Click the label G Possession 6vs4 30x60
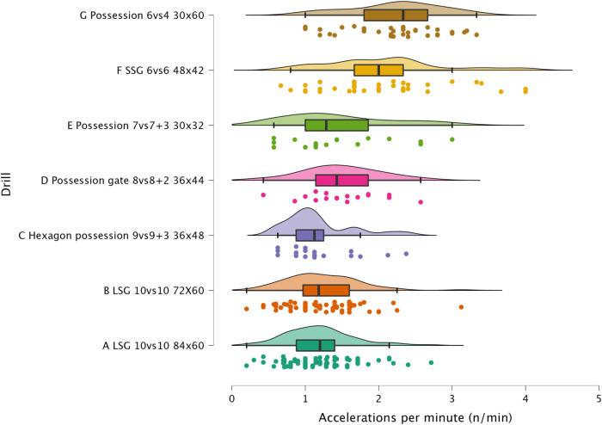click(148, 15)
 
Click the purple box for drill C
click(310, 235)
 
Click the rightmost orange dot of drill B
click(462, 306)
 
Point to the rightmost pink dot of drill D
click(421, 201)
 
